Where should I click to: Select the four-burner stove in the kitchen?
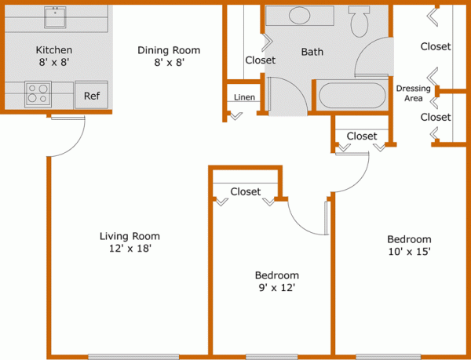click(x=38, y=94)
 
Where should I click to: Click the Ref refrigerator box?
click(x=92, y=96)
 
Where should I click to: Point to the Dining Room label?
click(x=168, y=50)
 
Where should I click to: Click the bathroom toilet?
click(x=360, y=21)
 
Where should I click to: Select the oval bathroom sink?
click(x=300, y=16)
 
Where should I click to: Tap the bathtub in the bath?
click(x=352, y=97)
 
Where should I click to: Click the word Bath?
click(x=312, y=53)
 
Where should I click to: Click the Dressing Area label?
click(x=413, y=93)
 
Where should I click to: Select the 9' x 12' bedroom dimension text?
click(x=276, y=287)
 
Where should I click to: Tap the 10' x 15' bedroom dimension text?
click(x=408, y=251)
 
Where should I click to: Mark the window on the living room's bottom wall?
click(x=122, y=357)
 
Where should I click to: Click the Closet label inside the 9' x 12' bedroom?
click(x=246, y=191)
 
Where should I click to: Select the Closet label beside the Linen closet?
click(x=260, y=60)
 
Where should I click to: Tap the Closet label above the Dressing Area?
click(x=436, y=46)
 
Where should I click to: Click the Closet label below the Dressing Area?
click(x=436, y=117)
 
